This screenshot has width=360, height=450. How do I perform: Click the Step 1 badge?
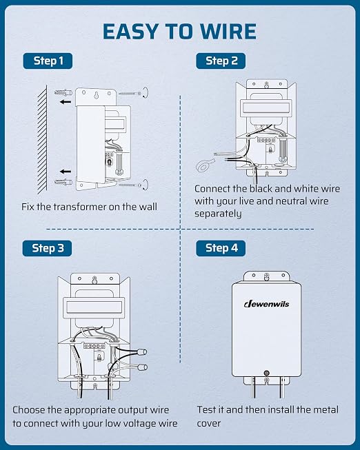[x=48, y=61]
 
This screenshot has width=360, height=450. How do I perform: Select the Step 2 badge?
[x=221, y=61]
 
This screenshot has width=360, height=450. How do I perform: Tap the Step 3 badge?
[x=47, y=248]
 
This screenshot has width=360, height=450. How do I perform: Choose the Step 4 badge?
[x=221, y=248]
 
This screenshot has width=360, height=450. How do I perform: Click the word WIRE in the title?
[x=228, y=31]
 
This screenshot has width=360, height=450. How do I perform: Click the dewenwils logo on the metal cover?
[x=267, y=304]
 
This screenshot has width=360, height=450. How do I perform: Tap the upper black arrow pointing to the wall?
[x=66, y=101]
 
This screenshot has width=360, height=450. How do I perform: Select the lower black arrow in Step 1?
[x=66, y=172]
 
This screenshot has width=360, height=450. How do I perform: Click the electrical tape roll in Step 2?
[x=205, y=165]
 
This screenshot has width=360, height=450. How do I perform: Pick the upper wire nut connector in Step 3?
[x=141, y=352]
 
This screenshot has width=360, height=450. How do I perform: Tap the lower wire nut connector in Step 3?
[x=142, y=367]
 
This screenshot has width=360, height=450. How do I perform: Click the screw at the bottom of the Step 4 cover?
[x=267, y=373]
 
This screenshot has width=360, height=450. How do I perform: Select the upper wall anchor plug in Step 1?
[x=63, y=92]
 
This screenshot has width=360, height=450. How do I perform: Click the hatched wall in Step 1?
[x=42, y=139]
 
